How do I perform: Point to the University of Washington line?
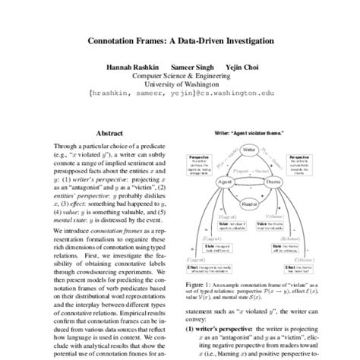pyautogui.click(x=180, y=86)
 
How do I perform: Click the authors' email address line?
pyautogui.click(x=180, y=96)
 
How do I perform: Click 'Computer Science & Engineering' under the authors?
pyautogui.click(x=180, y=76)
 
